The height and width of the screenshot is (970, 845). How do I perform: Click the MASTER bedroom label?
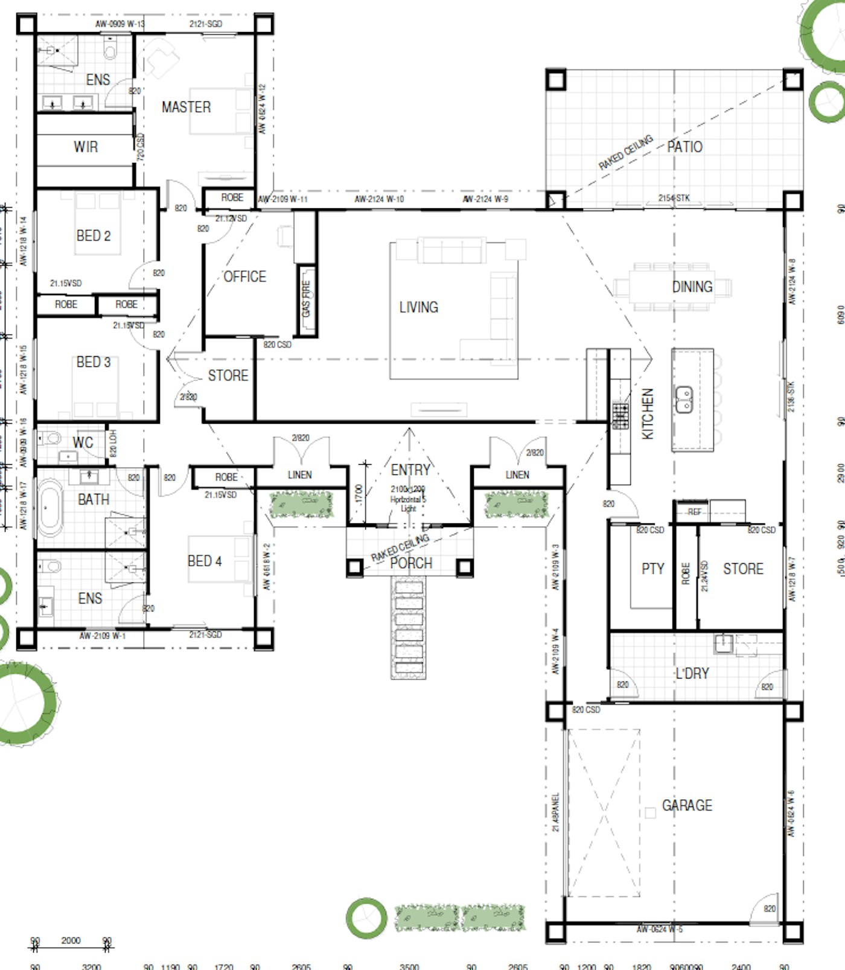tap(186, 107)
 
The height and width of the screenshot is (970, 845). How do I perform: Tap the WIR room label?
tap(86, 147)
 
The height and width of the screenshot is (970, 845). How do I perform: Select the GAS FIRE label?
tap(306, 298)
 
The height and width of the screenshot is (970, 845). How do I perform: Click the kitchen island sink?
tap(683, 400)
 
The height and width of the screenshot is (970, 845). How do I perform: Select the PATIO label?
tap(684, 147)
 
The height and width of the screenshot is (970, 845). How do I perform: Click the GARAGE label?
tap(687, 805)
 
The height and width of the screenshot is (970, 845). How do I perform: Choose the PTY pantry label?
tap(652, 569)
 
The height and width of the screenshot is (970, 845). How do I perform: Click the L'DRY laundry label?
tap(692, 673)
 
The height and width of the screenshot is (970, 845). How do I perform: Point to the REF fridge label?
tap(695, 512)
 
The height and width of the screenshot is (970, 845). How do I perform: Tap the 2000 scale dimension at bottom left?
tap(71, 940)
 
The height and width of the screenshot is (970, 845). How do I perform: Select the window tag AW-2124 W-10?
tap(379, 199)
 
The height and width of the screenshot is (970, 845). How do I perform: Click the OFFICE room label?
tap(244, 276)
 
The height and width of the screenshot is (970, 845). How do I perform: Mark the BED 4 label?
tap(204, 561)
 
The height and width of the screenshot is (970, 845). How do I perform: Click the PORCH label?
tap(411, 563)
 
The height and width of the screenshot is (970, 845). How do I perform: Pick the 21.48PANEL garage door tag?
tap(556, 812)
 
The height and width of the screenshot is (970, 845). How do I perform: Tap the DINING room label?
tap(692, 287)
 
